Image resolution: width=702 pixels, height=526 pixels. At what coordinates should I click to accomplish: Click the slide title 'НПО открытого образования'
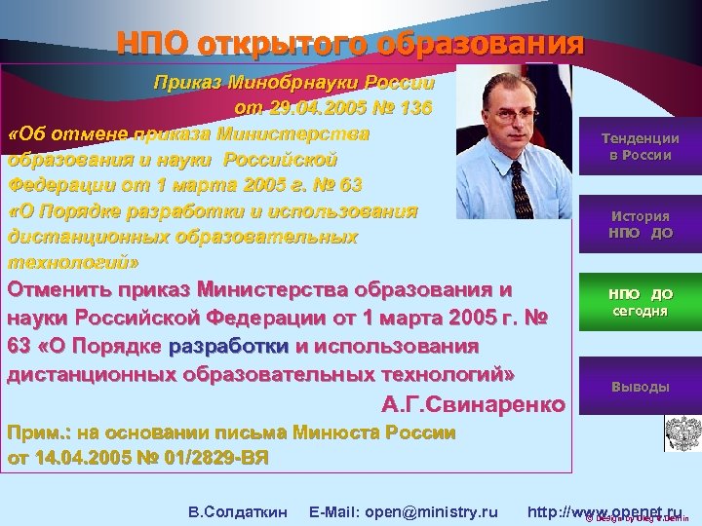(x=350, y=44)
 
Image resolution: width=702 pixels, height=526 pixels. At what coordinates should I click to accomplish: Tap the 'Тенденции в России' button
(x=640, y=147)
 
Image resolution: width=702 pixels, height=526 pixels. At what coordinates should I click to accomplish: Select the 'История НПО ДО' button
(x=640, y=225)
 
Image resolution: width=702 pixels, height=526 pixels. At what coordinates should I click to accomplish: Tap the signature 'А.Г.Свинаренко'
(x=473, y=403)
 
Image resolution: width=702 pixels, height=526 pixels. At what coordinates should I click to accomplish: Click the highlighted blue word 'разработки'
(x=228, y=346)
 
